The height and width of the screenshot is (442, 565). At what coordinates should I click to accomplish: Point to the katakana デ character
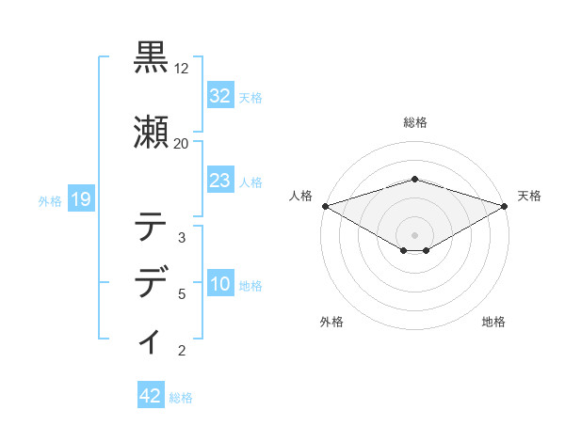pyautogui.click(x=151, y=281)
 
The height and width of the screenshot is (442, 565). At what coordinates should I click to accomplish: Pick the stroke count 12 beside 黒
pyautogui.click(x=182, y=70)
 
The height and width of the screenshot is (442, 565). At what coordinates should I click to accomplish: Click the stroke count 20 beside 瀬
pyautogui.click(x=181, y=143)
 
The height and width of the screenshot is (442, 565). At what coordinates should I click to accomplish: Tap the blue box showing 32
pyautogui.click(x=219, y=95)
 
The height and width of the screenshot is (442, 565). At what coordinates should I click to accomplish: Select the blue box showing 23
pyautogui.click(x=219, y=181)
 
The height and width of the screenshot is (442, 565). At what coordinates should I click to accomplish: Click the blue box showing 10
pyautogui.click(x=219, y=285)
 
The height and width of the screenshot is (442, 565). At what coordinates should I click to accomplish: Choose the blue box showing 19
pyautogui.click(x=80, y=199)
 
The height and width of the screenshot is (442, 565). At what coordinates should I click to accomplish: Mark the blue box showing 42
pyautogui.click(x=150, y=397)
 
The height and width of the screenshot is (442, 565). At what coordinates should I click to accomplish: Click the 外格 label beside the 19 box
pyautogui.click(x=50, y=200)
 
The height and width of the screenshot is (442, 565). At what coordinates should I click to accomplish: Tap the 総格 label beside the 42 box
pyautogui.click(x=181, y=398)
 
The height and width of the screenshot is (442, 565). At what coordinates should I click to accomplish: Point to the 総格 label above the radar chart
pyautogui.click(x=415, y=122)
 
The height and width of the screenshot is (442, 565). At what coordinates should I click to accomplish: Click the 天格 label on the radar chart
pyautogui.click(x=529, y=196)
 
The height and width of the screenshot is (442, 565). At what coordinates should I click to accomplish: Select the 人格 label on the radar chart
pyautogui.click(x=300, y=196)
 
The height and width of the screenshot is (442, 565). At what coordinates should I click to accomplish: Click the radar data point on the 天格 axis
pyautogui.click(x=506, y=206)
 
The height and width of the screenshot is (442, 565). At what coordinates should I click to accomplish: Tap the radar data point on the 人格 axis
pyautogui.click(x=325, y=206)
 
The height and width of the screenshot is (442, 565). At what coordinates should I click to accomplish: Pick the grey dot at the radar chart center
pyautogui.click(x=415, y=234)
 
